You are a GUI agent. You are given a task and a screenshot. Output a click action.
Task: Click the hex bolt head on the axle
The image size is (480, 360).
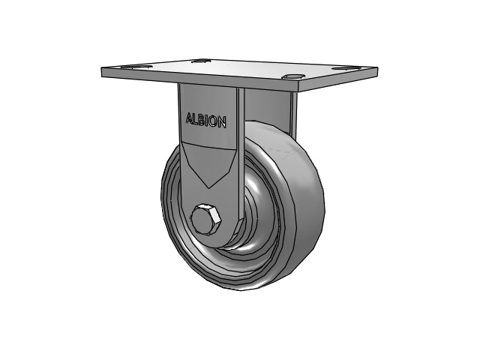[205, 218]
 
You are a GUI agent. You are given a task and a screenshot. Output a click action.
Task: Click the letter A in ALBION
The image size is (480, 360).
[190, 118]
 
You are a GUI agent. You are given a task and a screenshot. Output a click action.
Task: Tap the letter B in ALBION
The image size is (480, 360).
[202, 120]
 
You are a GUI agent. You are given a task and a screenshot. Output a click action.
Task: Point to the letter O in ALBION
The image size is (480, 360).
[214, 121]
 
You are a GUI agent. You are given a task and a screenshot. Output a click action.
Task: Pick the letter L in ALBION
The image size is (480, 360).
[196, 119]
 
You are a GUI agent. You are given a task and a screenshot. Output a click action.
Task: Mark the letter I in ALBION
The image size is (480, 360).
[208, 120]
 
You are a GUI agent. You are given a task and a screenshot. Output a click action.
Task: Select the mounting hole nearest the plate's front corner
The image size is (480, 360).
[293, 76]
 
